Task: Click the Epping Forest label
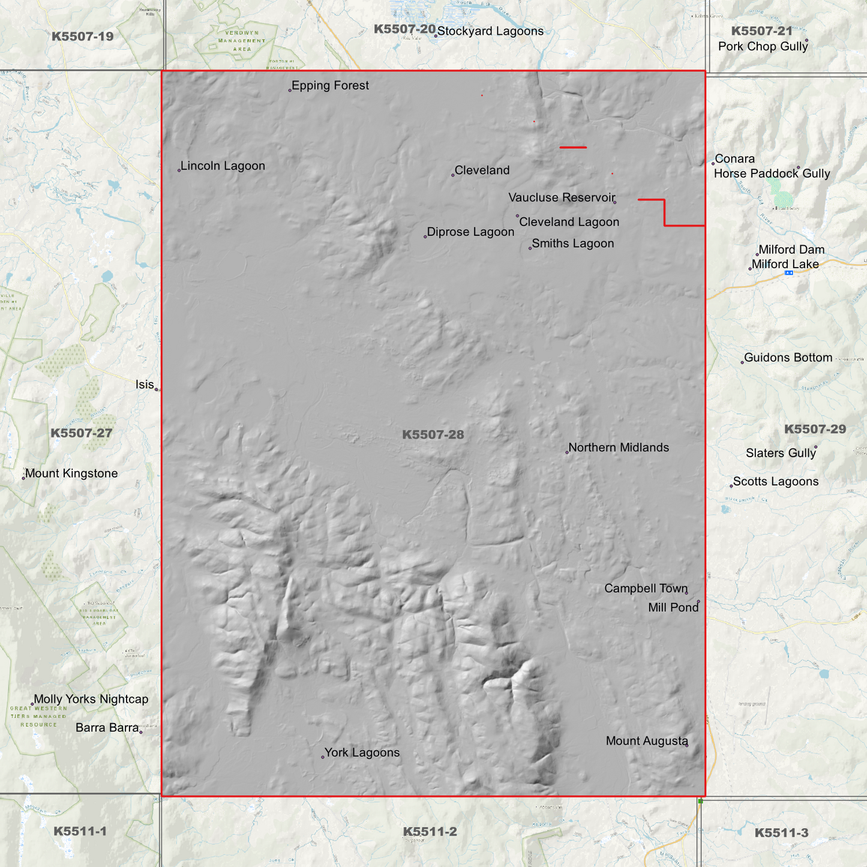[x=330, y=86]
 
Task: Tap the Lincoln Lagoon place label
[x=223, y=166]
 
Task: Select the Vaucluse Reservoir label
[x=562, y=197]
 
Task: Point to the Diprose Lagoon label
[x=470, y=232]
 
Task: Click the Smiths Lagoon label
[x=572, y=244]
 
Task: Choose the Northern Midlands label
[x=618, y=448]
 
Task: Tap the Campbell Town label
[x=646, y=589]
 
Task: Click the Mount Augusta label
[x=646, y=741]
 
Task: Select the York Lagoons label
[x=362, y=753]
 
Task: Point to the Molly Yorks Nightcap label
[x=91, y=699]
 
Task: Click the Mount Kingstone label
[x=71, y=473]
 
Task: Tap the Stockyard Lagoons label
[x=490, y=31]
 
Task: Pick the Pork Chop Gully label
[x=763, y=46]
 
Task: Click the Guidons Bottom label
[x=788, y=358]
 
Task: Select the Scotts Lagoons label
[x=775, y=482]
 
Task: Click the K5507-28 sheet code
[x=433, y=434]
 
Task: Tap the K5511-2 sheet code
[x=430, y=832]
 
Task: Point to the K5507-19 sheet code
[x=82, y=37]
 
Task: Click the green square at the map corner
[x=700, y=801]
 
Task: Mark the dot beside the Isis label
[x=157, y=389]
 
